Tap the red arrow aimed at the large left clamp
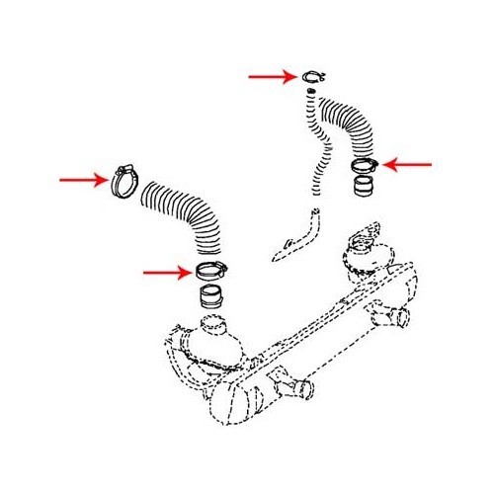[x=82, y=180]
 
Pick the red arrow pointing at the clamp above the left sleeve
[x=167, y=270]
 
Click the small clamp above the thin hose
[x=315, y=77]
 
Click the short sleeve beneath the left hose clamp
[x=210, y=295]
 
